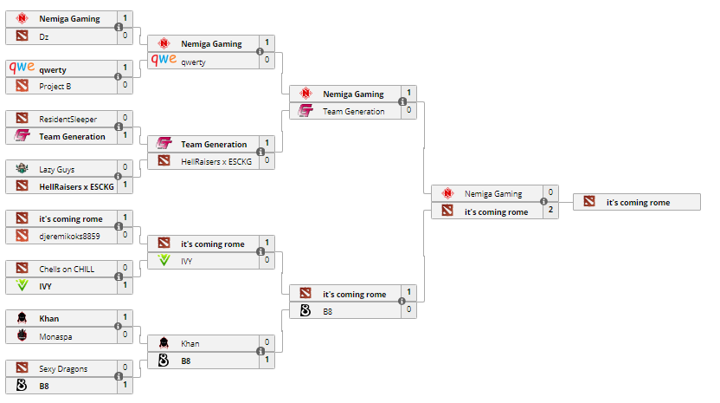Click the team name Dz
click(44, 36)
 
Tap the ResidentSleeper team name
click(67, 119)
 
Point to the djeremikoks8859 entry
click(69, 235)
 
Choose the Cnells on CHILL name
click(67, 269)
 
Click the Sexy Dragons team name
click(63, 368)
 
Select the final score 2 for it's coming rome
click(550, 211)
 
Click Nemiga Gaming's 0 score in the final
click(550, 193)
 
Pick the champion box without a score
click(636, 202)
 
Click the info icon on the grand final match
click(544, 202)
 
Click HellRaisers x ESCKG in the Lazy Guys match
click(72, 185)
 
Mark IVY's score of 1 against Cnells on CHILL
click(125, 285)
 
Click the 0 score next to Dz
click(125, 36)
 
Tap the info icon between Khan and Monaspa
click(119, 326)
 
